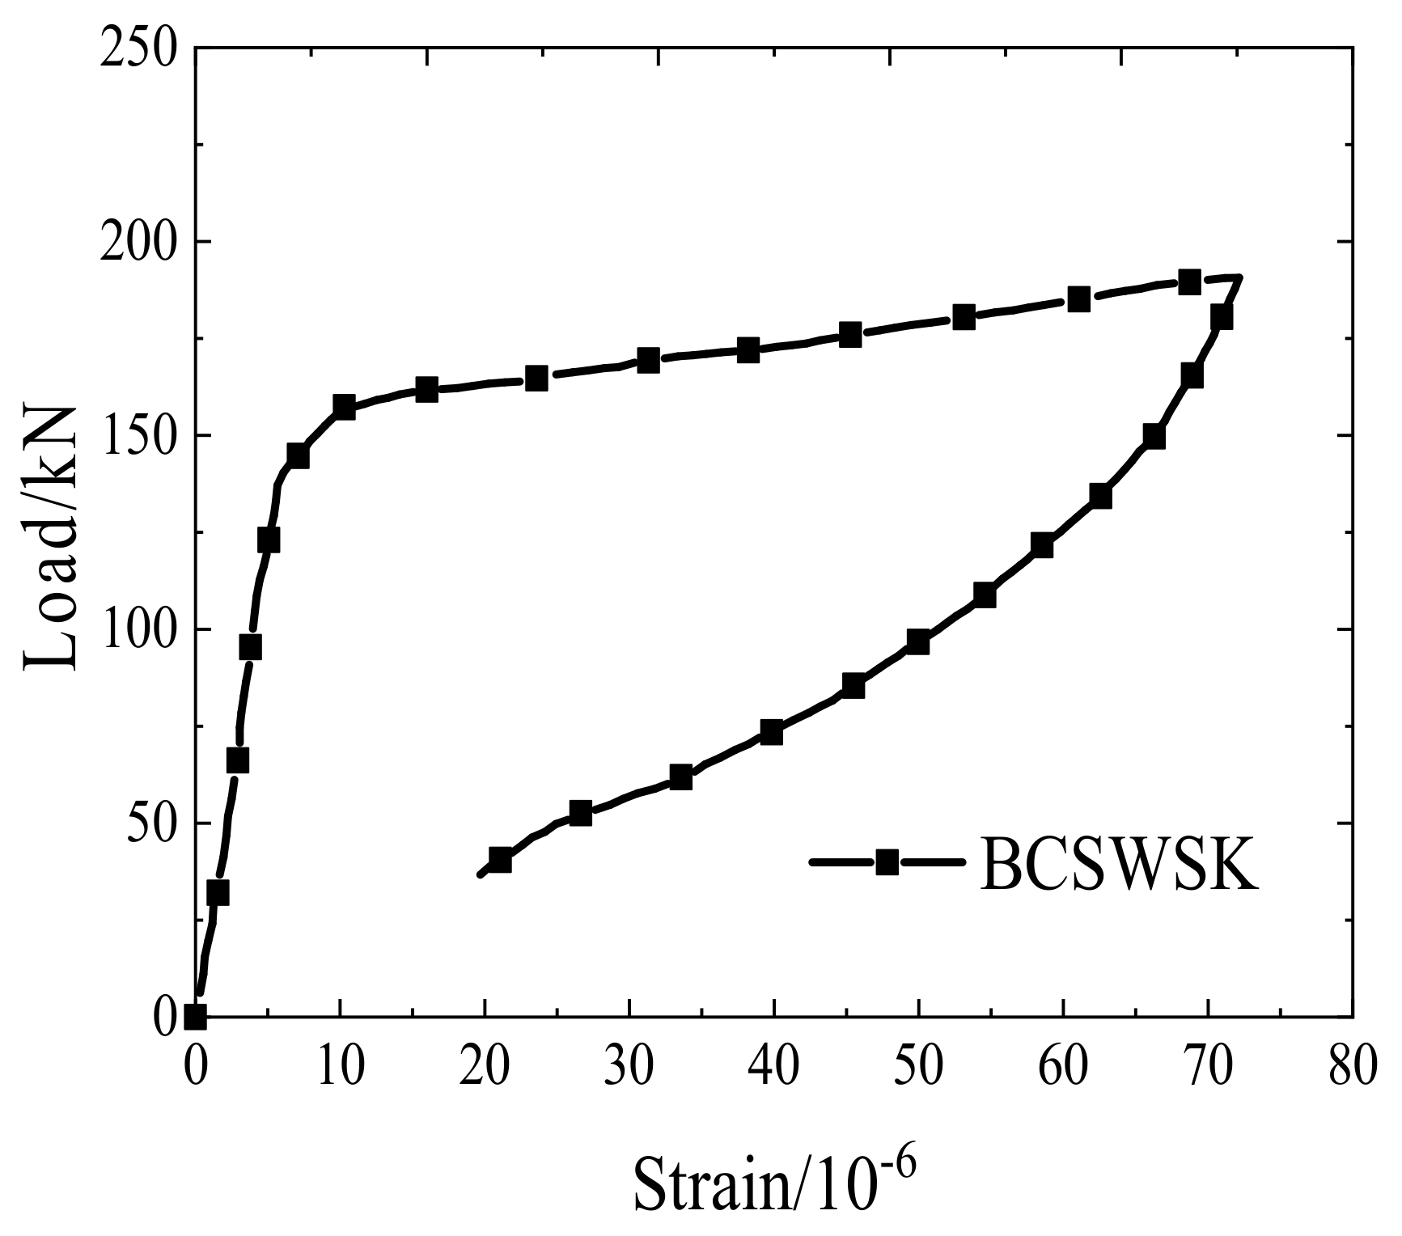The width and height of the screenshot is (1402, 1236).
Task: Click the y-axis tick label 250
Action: (x=138, y=49)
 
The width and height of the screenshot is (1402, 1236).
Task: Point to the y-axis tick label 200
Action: (x=138, y=242)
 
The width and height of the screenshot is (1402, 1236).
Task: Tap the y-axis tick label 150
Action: (x=138, y=435)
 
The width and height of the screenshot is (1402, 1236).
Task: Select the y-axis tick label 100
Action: (x=138, y=629)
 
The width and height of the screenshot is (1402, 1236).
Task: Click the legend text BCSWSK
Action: (x=1119, y=863)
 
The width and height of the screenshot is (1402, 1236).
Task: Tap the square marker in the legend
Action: (x=887, y=861)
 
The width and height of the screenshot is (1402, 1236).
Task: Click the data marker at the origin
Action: (x=195, y=1016)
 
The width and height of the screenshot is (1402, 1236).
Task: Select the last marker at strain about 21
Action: (x=500, y=860)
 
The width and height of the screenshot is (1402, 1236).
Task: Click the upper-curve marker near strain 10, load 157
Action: (x=344, y=407)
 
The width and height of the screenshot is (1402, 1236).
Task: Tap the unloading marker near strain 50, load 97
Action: (x=917, y=642)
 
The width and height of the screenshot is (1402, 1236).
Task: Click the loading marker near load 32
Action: (x=218, y=893)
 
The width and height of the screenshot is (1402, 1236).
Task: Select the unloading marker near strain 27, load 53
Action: (x=580, y=814)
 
